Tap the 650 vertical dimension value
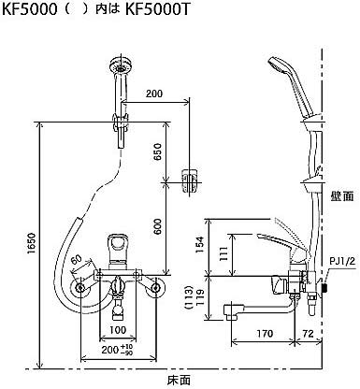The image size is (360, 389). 158,151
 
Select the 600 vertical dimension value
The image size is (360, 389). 158,226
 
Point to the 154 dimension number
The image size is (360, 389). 199,244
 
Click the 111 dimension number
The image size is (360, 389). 223,254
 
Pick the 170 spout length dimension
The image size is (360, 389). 265,334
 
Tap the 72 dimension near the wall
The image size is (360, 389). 309,334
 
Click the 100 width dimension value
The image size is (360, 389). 118,329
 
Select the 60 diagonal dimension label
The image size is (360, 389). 77,258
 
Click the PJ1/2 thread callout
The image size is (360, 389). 342,261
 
